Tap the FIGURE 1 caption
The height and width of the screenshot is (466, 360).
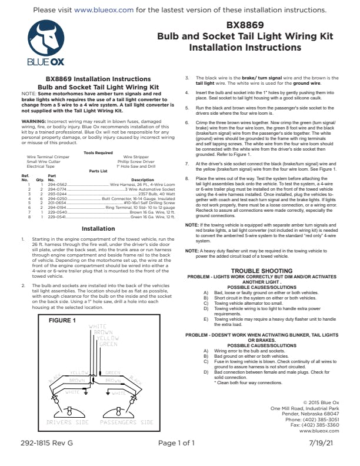pyautogui.click(x=62, y=321)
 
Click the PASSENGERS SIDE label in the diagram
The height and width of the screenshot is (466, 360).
pyautogui.click(x=126, y=422)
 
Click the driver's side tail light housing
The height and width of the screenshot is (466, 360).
pyautogui.click(x=68, y=410)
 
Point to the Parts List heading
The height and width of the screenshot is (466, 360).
pyautogui.click(x=98, y=188)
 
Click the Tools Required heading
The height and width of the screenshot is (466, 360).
pyautogui.click(x=98, y=169)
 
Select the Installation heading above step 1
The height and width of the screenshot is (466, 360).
pyautogui.click(x=98, y=228)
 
